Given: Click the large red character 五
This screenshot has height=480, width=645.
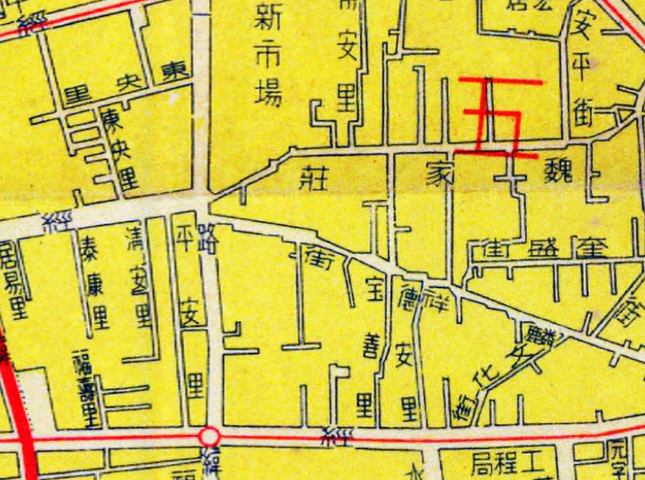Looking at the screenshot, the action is pos(498,118).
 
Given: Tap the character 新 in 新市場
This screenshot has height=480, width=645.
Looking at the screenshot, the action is pos(268,18).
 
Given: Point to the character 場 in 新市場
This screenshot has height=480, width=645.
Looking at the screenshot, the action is pos(268,93).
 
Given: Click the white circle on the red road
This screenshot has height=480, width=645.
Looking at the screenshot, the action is pos(209,437).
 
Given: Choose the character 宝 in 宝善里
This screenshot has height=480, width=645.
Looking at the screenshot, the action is pos(373,288).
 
